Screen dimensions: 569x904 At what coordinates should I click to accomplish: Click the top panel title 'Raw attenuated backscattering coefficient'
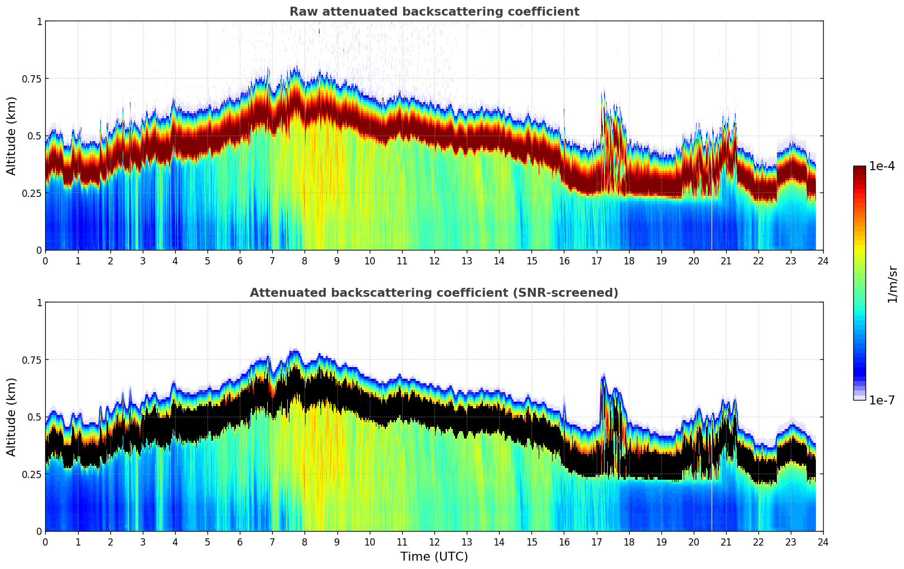[434, 12]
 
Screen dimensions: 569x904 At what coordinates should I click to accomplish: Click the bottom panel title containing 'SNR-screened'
[434, 293]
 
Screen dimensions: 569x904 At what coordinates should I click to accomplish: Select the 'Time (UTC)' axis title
[434, 557]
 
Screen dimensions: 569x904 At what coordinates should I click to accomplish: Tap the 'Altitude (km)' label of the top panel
[12, 136]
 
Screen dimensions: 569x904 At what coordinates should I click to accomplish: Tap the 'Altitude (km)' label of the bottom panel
[12, 417]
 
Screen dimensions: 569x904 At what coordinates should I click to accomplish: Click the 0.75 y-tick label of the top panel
[31, 79]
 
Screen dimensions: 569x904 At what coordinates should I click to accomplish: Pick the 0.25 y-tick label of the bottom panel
[31, 474]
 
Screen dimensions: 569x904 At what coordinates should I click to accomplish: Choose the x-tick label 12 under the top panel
[434, 261]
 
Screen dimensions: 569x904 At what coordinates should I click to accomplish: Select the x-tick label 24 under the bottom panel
[823, 542]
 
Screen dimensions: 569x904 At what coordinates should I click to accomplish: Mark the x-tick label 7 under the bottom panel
[272, 542]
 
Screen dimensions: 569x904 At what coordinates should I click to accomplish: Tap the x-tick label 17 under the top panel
[596, 261]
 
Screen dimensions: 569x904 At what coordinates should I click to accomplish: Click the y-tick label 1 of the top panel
[39, 21]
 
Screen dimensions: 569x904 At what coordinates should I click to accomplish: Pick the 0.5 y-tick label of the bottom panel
[35, 417]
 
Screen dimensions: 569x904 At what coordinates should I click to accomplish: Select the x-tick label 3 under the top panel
[143, 261]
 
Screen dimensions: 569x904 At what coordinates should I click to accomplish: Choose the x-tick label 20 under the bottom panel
[693, 542]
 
